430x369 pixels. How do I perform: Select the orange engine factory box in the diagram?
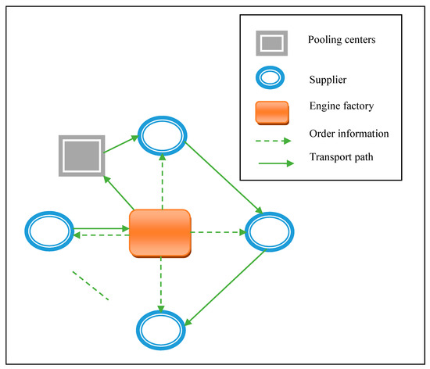pos(160,232)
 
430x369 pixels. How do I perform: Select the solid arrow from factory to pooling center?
pos(119,194)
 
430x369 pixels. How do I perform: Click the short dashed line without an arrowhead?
pos(90,285)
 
